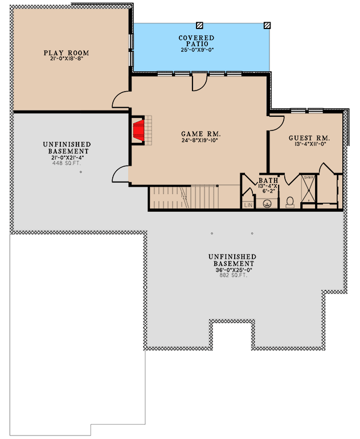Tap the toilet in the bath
(x=289, y=201)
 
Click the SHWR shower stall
(x=308, y=187)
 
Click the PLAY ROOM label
(x=67, y=53)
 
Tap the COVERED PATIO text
(x=197, y=40)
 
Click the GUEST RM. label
(x=309, y=138)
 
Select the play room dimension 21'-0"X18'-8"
(x=67, y=59)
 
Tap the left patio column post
(x=199, y=26)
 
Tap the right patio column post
(x=267, y=26)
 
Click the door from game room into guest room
(x=276, y=122)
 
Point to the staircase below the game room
(x=182, y=198)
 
